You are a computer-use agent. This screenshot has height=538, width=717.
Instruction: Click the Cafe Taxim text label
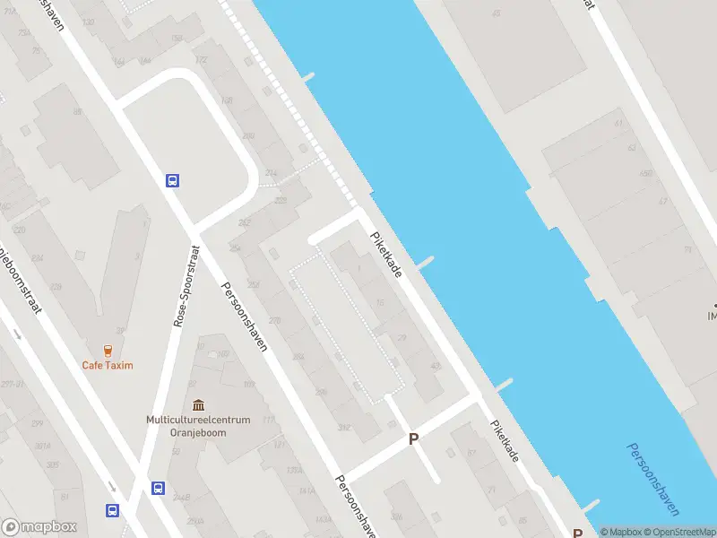(x=108, y=365)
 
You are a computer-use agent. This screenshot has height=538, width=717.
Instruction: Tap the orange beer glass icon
(x=108, y=350)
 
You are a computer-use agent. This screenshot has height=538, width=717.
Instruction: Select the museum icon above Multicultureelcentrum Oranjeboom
(x=198, y=406)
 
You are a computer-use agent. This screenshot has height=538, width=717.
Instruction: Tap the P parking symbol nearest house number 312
(x=413, y=439)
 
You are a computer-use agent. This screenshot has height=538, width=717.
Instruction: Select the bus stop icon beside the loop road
(x=172, y=180)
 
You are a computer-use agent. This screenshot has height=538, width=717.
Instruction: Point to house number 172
(x=201, y=60)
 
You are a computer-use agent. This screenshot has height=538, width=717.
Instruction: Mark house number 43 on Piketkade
(x=436, y=366)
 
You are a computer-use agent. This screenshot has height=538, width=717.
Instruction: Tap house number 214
(x=272, y=172)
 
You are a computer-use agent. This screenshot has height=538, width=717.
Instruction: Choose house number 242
(x=243, y=224)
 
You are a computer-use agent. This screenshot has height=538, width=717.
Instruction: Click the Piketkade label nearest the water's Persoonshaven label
(x=504, y=442)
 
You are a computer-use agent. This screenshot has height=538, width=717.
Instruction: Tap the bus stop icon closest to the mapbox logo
(x=113, y=510)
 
